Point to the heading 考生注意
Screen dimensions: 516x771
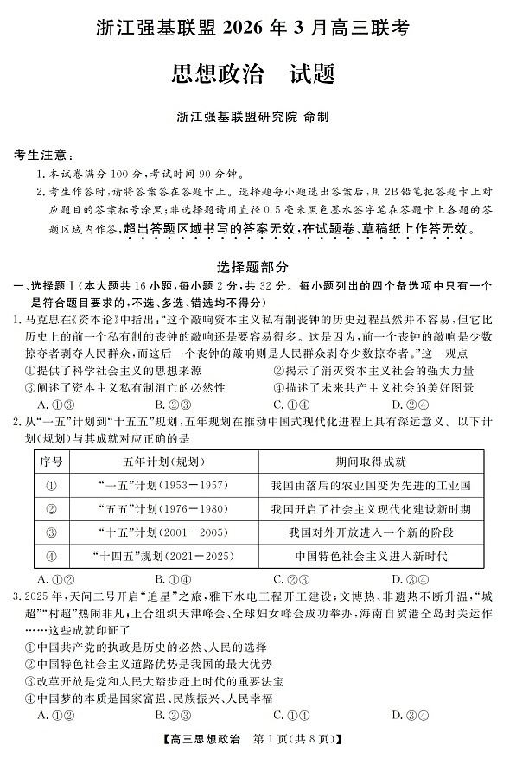41,155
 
